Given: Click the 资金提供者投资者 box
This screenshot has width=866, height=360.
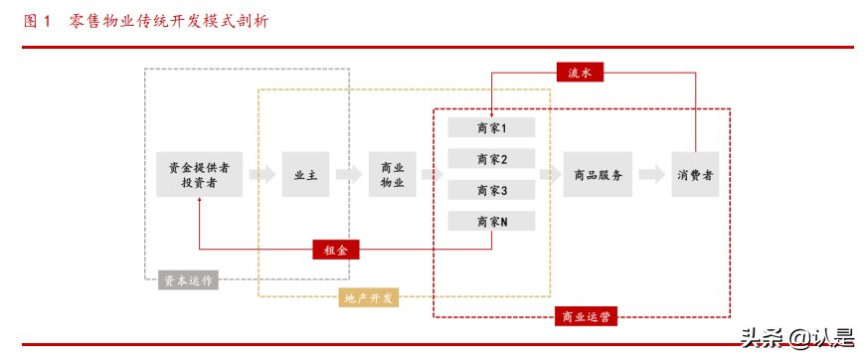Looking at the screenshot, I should point(199,175).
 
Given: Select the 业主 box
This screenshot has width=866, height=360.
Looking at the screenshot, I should point(304,175).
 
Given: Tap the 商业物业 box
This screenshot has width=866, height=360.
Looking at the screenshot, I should point(392,175).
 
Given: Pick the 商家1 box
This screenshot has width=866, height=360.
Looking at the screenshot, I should point(491,128).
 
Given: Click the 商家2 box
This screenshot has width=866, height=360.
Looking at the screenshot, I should point(491,159).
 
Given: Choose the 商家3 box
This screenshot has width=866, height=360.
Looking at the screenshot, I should point(491,190).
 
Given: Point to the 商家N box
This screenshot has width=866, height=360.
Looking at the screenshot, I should point(491,222).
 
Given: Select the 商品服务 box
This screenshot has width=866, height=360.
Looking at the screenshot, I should point(598,175).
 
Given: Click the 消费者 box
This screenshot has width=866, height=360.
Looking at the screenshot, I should point(694,175).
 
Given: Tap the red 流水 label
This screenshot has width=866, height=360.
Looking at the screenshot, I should point(580,73).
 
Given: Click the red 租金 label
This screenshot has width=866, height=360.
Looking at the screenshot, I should point(335,250).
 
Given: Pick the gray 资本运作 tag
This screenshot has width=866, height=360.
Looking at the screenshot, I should point(188,279).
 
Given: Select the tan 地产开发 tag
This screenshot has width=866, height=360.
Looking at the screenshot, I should point(369,297).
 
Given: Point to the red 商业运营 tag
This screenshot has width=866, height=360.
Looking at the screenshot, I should point(586,317).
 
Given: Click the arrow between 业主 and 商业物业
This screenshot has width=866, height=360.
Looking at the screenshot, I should point(348,175).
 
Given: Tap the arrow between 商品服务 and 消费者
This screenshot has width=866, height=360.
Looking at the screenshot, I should point(651,175).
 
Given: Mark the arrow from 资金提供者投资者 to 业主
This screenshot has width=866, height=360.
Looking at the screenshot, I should point(261,175).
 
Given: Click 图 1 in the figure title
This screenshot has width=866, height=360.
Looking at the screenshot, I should point(37,20).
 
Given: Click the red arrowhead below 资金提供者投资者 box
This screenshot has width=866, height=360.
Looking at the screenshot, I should point(199,202).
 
